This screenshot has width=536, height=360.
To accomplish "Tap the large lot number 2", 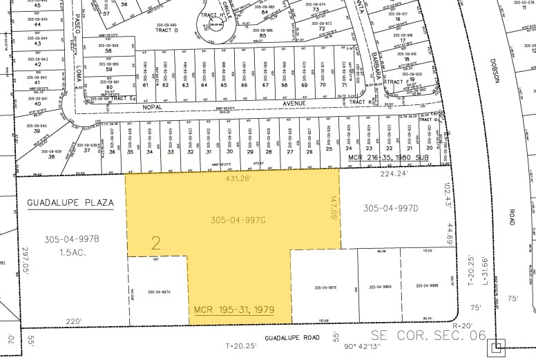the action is pyautogui.click(x=156, y=243).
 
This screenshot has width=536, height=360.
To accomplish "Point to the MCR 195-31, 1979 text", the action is pyautogui.click(x=233, y=310).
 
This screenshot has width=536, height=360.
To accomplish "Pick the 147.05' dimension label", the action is pyautogui.click(x=333, y=206).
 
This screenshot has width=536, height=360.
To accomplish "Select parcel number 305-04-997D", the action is pyautogui.click(x=391, y=208).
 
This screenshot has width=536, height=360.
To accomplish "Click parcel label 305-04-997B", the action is pyautogui.click(x=72, y=239).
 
